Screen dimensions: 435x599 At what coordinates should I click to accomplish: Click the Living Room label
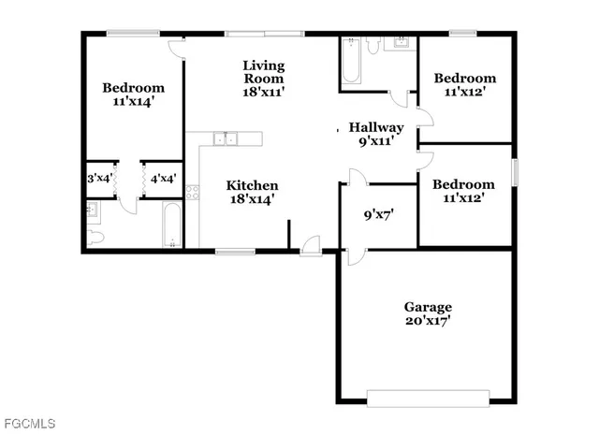click(263, 79)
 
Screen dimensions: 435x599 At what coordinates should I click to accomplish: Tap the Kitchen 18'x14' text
click(254, 192)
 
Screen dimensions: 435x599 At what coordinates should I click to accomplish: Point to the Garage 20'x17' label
click(428, 313)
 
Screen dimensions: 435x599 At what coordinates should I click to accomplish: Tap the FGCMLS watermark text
click(28, 424)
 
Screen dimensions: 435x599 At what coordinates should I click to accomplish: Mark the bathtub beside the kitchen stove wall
click(172, 225)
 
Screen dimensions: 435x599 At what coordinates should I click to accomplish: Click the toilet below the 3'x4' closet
click(95, 235)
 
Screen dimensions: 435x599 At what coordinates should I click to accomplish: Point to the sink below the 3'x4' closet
click(92, 210)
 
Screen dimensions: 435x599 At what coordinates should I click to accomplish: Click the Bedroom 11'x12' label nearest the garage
click(463, 192)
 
